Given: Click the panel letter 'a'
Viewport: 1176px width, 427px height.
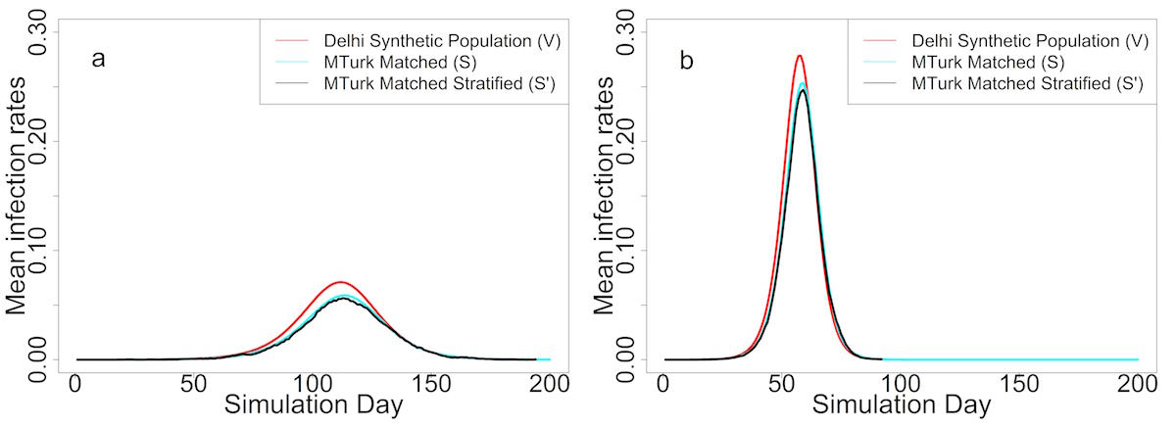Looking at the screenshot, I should click(98, 60).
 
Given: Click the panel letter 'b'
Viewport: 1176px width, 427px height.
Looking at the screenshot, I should click(686, 60).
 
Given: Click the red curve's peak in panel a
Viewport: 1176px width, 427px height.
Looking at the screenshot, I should click(342, 282).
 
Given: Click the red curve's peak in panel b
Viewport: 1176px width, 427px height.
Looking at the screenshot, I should click(800, 56).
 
